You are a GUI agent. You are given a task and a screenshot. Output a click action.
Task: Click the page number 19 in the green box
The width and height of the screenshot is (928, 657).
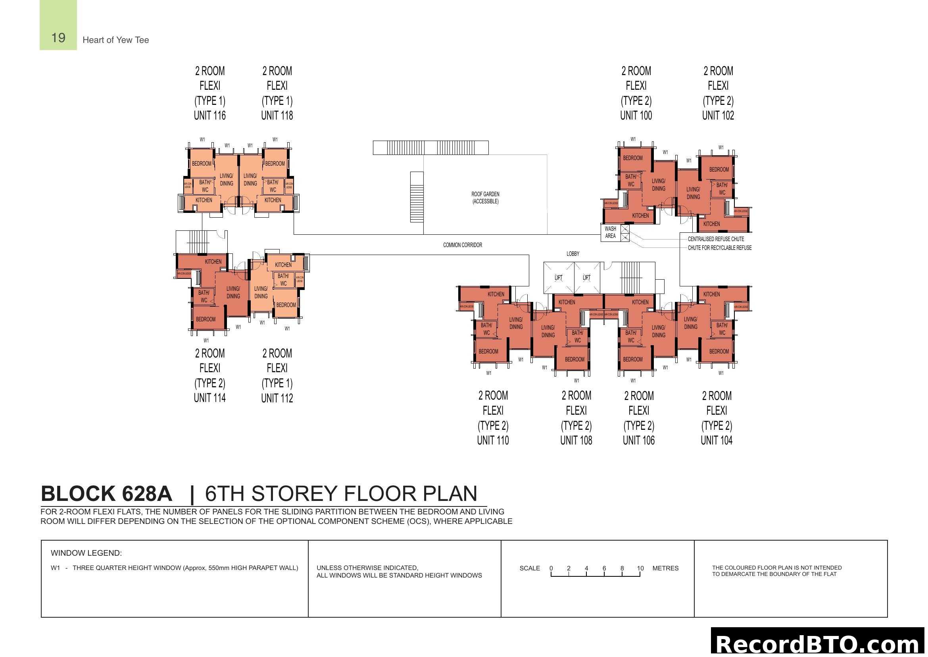[58, 38]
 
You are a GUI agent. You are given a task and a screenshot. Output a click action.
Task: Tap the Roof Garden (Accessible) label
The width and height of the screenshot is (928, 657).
[485, 198]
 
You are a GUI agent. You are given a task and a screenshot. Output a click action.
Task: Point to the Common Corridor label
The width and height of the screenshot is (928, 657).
[462, 245]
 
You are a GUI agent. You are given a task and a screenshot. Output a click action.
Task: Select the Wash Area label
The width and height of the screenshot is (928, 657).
[610, 232]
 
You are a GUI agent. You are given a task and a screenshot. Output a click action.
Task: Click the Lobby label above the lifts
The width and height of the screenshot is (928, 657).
[573, 254]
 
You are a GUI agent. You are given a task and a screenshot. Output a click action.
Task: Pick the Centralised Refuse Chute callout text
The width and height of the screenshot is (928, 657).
[716, 239]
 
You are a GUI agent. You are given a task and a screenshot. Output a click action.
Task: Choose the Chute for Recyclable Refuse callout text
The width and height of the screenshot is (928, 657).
[719, 247]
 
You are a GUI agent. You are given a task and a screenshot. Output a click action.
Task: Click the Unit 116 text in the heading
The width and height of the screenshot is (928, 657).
[210, 116]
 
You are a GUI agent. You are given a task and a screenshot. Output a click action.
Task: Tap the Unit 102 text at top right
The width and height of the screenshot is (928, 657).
[718, 116]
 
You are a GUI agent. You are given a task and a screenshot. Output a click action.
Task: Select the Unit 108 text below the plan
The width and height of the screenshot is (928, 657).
[576, 440]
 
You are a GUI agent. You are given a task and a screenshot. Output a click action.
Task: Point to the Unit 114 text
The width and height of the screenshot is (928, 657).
[210, 398]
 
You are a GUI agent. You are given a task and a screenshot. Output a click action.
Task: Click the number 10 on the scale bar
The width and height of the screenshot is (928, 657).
[640, 568]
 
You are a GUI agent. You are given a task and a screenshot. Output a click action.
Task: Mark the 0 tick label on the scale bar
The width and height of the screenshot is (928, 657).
[551, 568]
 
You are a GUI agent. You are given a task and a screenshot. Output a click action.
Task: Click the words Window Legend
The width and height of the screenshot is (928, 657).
[86, 553]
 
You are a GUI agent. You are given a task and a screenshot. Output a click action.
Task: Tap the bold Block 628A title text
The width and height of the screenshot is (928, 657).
[106, 494]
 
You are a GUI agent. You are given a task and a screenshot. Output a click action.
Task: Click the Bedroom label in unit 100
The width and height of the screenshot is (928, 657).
[632, 158]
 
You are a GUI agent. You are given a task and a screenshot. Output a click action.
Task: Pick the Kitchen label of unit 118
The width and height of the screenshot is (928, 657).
[273, 200]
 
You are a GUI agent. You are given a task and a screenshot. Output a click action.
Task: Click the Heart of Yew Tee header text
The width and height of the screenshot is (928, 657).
[115, 40]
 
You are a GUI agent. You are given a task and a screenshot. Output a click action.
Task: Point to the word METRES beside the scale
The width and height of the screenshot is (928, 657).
[665, 568]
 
